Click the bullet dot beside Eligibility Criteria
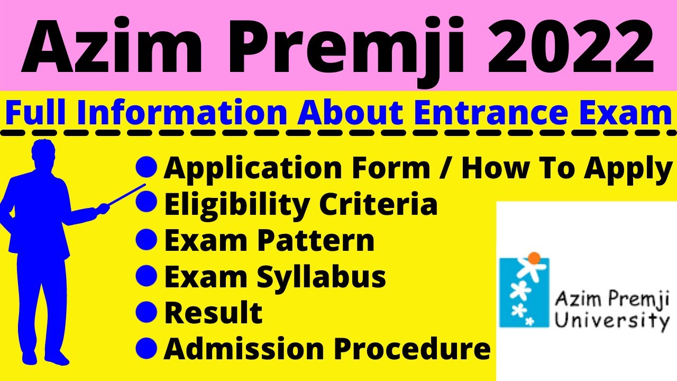[146, 204]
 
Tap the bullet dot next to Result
[146, 312]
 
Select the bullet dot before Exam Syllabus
[146, 276]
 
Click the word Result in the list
[213, 313]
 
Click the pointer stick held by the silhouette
[127, 194]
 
